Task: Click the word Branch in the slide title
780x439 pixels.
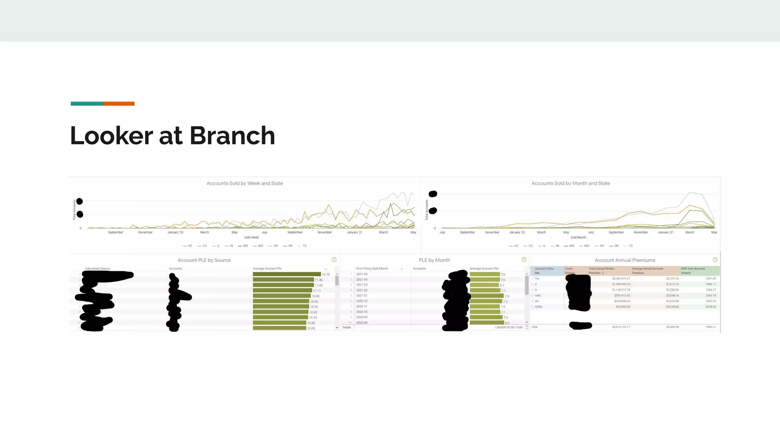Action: click(232, 136)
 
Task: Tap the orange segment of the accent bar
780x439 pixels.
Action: click(118, 104)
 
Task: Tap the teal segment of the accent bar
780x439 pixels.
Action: click(87, 104)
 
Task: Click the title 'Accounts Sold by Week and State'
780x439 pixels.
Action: click(245, 183)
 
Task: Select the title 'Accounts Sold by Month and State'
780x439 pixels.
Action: click(571, 183)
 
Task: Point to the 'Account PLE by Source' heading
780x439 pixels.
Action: click(204, 260)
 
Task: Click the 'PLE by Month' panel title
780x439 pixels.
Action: click(434, 260)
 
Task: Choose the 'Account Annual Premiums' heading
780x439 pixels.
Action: click(625, 260)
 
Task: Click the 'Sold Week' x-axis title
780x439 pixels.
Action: click(251, 237)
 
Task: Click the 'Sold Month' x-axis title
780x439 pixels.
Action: click(578, 237)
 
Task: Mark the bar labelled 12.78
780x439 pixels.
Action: click(287, 274)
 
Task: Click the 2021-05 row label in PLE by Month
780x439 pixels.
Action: click(362, 274)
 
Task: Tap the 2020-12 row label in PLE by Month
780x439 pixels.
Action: click(362, 301)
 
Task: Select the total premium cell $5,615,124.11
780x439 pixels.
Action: click(621, 327)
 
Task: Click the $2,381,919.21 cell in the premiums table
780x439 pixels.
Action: click(621, 279)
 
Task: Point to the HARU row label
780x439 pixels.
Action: click(538, 307)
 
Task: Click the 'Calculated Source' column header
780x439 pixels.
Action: click(97, 269)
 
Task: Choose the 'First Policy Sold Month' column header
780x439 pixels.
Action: click(372, 269)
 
